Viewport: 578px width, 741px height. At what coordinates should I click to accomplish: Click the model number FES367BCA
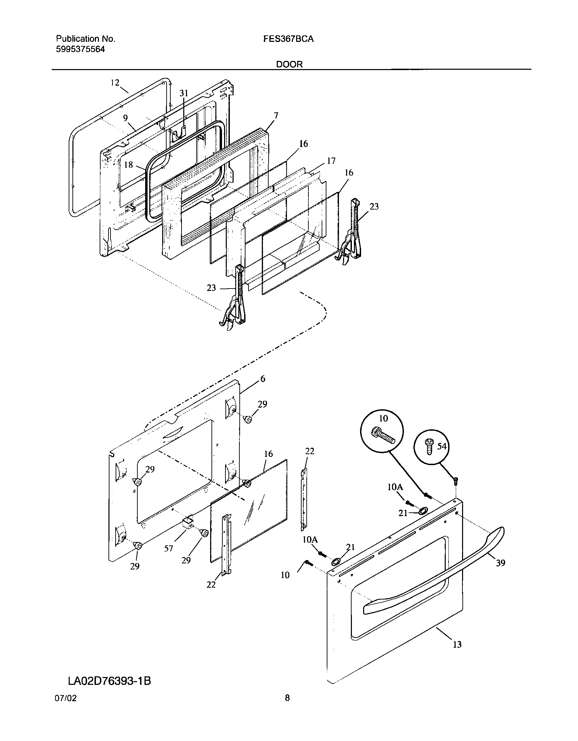[288, 39]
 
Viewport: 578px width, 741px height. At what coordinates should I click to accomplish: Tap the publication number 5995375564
[80, 50]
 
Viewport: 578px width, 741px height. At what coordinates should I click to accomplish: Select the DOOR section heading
[289, 64]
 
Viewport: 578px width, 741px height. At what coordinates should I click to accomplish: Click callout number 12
[115, 83]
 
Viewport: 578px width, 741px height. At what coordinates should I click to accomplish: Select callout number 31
[184, 93]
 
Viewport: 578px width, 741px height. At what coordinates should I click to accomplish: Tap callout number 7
[276, 116]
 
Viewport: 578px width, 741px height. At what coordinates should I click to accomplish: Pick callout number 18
[128, 165]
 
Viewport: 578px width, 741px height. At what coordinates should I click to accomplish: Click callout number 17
[331, 161]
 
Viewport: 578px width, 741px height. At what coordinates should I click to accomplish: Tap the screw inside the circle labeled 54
[429, 446]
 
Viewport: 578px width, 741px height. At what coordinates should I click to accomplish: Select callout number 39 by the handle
[500, 563]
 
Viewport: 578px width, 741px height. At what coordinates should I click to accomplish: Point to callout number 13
[457, 644]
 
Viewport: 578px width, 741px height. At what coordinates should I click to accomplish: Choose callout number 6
[262, 379]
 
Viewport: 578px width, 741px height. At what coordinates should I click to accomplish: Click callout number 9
[125, 118]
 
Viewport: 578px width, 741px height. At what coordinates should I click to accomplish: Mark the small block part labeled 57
[188, 531]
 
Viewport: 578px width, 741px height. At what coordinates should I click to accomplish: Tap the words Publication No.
[86, 39]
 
